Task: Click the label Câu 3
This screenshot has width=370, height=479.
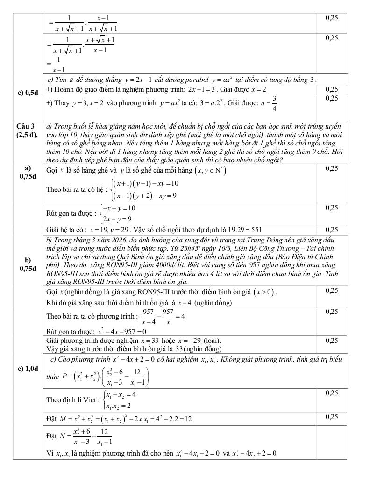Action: pyautogui.click(x=25, y=126)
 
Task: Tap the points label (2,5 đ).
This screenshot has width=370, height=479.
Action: pyautogui.click(x=25, y=135)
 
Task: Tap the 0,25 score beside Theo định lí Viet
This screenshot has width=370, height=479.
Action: pyautogui.click(x=332, y=393)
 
